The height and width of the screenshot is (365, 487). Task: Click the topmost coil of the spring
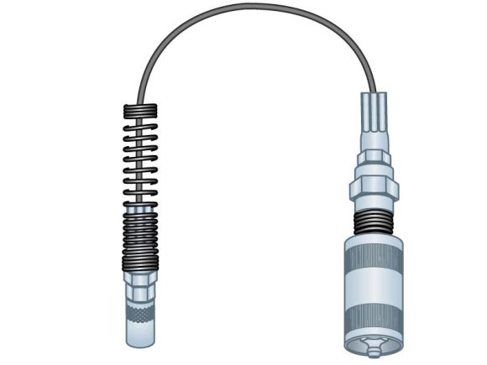coord(139,108)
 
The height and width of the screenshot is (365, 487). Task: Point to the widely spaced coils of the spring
coord(139,159)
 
